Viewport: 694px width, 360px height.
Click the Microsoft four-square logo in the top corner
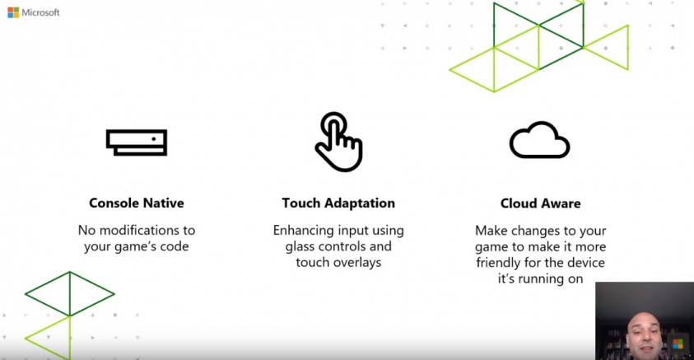(x=13, y=12)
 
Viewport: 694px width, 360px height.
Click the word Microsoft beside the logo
(x=40, y=12)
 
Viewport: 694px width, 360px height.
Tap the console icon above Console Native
(x=137, y=143)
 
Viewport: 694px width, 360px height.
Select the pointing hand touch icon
(x=339, y=142)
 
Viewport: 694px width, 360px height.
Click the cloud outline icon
(x=539, y=140)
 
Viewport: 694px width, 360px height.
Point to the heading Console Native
(x=137, y=203)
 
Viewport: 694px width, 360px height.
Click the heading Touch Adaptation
(x=338, y=203)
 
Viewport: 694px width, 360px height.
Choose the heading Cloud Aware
(x=540, y=203)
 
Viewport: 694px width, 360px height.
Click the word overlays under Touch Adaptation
(x=357, y=262)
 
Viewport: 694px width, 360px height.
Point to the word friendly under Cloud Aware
(x=498, y=263)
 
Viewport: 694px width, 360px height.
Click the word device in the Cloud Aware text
(x=586, y=263)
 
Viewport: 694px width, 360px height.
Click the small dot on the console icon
(x=154, y=139)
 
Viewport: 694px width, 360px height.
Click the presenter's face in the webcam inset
(x=644, y=333)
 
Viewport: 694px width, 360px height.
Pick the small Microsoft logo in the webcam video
(x=678, y=344)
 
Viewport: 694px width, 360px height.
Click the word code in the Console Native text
(x=175, y=246)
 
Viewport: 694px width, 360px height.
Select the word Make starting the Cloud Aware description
(x=491, y=231)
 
